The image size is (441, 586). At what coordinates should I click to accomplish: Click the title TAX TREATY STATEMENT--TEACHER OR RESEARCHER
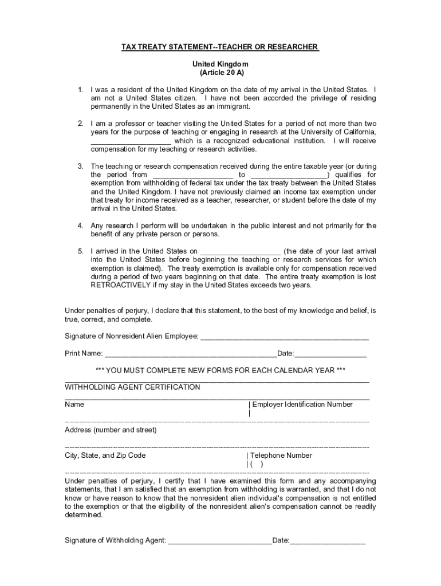pyautogui.click(x=220, y=46)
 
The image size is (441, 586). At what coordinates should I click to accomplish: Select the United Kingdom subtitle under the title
pyautogui.click(x=220, y=65)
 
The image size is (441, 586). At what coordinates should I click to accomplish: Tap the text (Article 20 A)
pyautogui.click(x=220, y=74)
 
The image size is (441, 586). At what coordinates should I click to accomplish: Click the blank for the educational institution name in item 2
pyautogui.click(x=131, y=141)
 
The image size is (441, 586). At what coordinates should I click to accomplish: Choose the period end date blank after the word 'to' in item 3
pyautogui.click(x=288, y=175)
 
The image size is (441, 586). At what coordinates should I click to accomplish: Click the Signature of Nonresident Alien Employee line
pyautogui.click(x=284, y=336)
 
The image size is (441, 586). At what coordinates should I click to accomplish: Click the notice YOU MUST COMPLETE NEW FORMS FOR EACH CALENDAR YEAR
pyautogui.click(x=220, y=370)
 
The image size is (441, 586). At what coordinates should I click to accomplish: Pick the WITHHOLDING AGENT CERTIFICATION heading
pyautogui.click(x=132, y=387)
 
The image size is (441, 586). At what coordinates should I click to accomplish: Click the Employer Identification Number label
pyautogui.click(x=302, y=405)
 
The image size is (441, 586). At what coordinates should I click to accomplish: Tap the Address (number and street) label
pyautogui.click(x=111, y=430)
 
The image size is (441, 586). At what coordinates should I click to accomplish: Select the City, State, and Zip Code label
pyautogui.click(x=105, y=456)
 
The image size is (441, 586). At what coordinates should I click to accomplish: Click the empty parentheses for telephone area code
pyautogui.click(x=257, y=465)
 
